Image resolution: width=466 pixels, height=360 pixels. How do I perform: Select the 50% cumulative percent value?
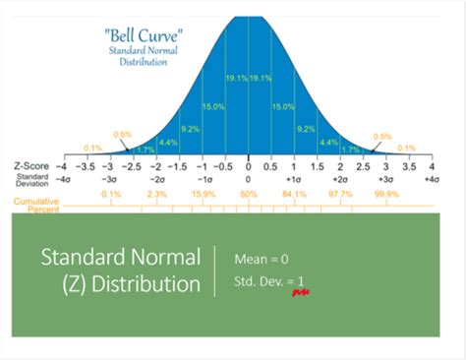(249, 196)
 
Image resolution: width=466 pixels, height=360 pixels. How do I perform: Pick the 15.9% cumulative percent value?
(204, 196)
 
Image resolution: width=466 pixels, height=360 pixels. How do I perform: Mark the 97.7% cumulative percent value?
(340, 196)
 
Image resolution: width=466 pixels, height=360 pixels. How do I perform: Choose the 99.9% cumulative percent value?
(386, 196)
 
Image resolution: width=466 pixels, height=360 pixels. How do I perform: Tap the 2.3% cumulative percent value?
(157, 196)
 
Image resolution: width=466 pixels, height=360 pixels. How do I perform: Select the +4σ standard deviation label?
(432, 181)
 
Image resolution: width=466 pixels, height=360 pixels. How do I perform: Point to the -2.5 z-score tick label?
(133, 168)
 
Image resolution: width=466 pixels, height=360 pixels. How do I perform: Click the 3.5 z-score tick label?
(409, 168)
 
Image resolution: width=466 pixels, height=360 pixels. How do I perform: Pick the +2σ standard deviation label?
(340, 181)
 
